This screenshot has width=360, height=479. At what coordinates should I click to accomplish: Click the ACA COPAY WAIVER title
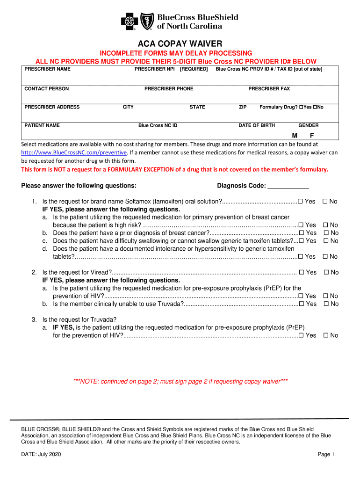click(180, 44)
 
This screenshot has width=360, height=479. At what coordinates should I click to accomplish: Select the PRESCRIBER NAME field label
click(47, 69)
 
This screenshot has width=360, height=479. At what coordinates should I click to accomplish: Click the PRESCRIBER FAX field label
click(269, 89)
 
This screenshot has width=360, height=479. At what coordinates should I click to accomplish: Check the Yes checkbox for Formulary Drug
click(301, 107)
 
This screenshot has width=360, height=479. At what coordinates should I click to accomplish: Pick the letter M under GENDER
click(295, 135)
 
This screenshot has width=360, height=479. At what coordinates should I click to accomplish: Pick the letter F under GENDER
click(311, 135)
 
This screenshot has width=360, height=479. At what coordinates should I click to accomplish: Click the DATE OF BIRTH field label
click(257, 125)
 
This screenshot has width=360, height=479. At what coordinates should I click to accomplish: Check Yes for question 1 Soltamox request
click(301, 202)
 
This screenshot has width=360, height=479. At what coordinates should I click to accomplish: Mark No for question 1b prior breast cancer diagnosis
click(326, 233)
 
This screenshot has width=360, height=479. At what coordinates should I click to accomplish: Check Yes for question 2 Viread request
click(302, 272)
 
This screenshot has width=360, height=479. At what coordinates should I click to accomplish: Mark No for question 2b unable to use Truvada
click(326, 304)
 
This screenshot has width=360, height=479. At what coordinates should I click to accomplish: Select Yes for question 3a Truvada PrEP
click(301, 335)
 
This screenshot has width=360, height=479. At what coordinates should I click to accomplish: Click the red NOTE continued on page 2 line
click(180, 381)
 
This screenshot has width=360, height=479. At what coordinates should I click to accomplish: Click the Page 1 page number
click(326, 455)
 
